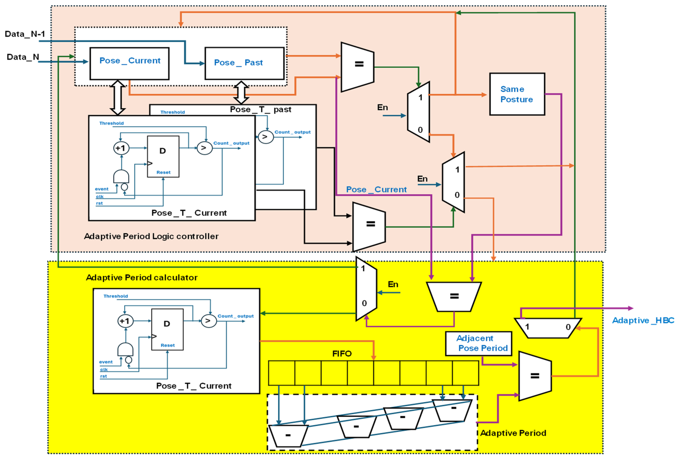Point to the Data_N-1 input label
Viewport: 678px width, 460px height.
pos(25,34)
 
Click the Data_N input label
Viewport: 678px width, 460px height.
pos(23,57)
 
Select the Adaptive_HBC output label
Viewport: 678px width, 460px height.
pos(643,320)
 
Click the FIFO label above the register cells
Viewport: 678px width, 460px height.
pos(342,354)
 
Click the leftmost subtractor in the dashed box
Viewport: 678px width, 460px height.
pos(288,435)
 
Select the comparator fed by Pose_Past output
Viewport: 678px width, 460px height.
pos(357,67)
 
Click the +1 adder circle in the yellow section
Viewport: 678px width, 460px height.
pos(126,321)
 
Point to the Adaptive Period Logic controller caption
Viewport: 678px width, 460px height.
pos(151,236)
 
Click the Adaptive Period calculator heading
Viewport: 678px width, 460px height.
pos(142,278)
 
